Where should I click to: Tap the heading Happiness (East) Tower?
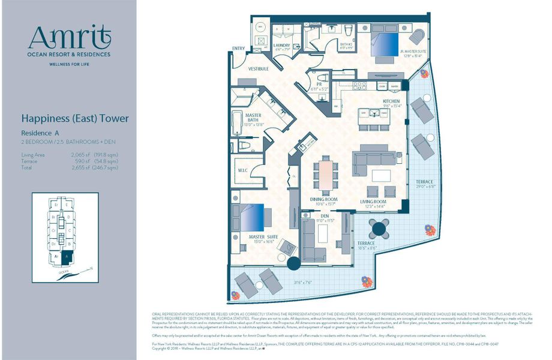click(x=74, y=119)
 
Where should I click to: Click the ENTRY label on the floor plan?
click(x=238, y=49)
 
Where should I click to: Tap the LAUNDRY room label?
click(x=282, y=46)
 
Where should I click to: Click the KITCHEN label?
click(x=391, y=101)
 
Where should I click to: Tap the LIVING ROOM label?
click(x=373, y=202)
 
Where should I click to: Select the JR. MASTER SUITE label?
click(x=413, y=52)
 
